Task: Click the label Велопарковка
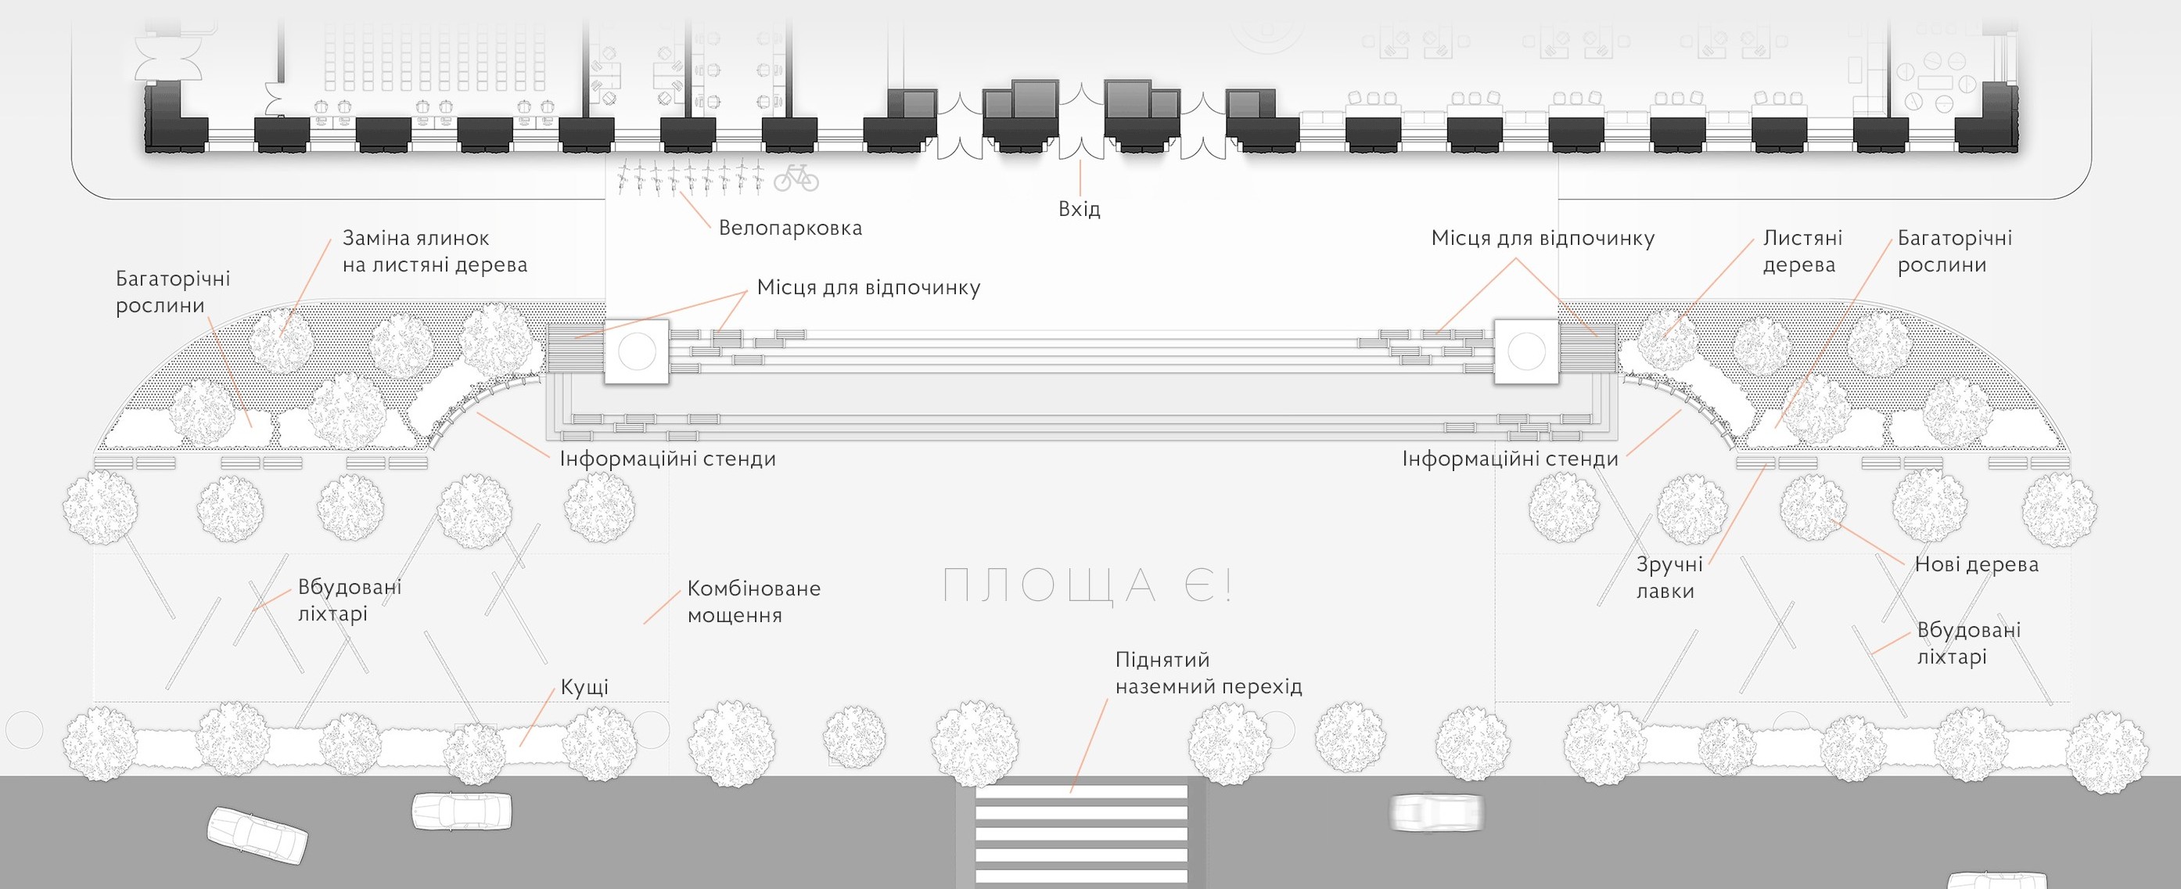coord(790,228)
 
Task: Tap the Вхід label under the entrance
coord(1080,208)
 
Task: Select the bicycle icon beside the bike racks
coord(796,177)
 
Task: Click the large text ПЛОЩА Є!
coord(1087,585)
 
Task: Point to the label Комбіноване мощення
coord(753,601)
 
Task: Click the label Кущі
coord(584,686)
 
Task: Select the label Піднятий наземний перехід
coord(1208,672)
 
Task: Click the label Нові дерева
coord(1976,564)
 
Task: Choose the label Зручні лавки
coord(1669,578)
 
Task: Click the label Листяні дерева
coord(1802,251)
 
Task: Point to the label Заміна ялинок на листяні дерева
coord(434,251)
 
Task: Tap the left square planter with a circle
coord(637,351)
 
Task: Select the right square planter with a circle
coord(1526,351)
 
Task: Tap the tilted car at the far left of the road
coord(257,835)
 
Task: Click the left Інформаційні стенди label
coord(667,459)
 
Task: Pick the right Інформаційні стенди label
coord(1510,459)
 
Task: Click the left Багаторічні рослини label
coord(173,292)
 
